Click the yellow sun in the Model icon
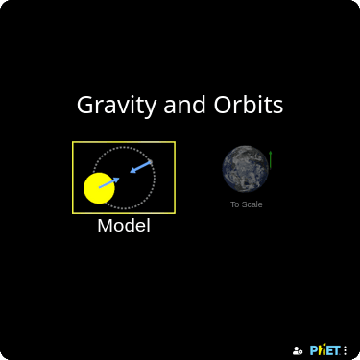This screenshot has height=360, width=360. pyautogui.click(x=99, y=188)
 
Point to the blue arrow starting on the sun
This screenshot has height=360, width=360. pyautogui.click(x=108, y=182)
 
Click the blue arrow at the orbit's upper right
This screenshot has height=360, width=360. pyautogui.click(x=141, y=167)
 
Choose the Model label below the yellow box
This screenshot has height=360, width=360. pyautogui.click(x=124, y=227)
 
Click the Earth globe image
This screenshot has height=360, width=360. pyautogui.click(x=245, y=168)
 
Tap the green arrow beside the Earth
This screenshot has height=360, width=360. pyautogui.click(x=271, y=158)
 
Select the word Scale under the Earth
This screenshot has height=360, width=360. pyautogui.click(x=252, y=204)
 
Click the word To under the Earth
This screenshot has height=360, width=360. pyautogui.click(x=234, y=204)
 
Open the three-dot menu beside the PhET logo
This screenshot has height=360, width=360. pyautogui.click(x=346, y=350)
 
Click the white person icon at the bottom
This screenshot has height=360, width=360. pyautogui.click(x=298, y=350)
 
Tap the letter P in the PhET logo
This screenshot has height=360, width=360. pyautogui.click(x=314, y=350)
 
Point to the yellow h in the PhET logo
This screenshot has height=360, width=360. pyautogui.click(x=321, y=350)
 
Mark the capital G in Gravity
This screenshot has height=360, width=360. pyautogui.click(x=84, y=106)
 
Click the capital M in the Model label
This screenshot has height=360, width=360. pyautogui.click(x=105, y=227)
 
